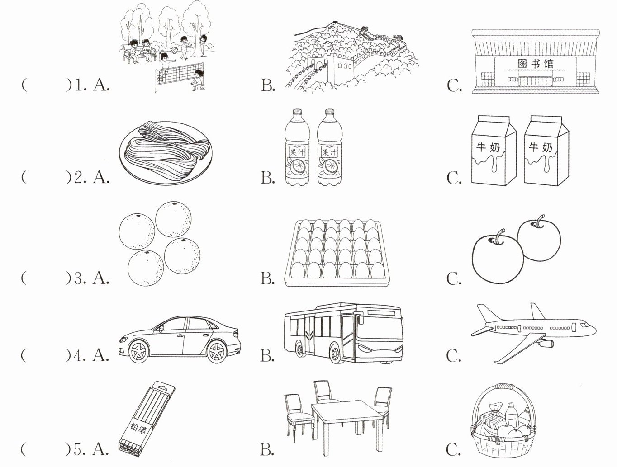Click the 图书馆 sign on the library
535,64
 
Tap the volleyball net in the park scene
178,75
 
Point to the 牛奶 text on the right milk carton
541,147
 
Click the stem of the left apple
499,236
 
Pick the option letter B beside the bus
267,356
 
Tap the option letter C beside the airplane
454,356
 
